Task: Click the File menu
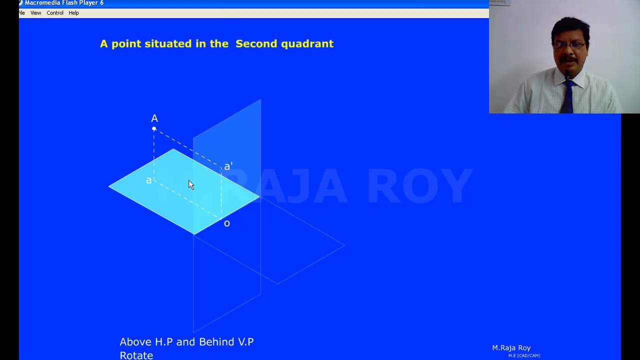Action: [22, 13]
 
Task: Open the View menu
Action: [35, 13]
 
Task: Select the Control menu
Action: [55, 13]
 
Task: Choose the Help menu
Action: [73, 13]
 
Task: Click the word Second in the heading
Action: [256, 43]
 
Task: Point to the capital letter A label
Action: [154, 118]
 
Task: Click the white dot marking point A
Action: [154, 129]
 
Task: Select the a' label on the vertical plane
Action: [228, 166]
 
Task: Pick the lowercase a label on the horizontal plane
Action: [148, 180]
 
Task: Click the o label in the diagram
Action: [227, 223]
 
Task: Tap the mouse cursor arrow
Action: [190, 184]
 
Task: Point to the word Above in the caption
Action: [135, 342]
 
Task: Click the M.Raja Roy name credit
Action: [511, 348]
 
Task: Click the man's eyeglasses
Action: [569, 45]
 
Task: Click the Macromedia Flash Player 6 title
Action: [64, 3]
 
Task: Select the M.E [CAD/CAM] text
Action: [524, 355]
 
